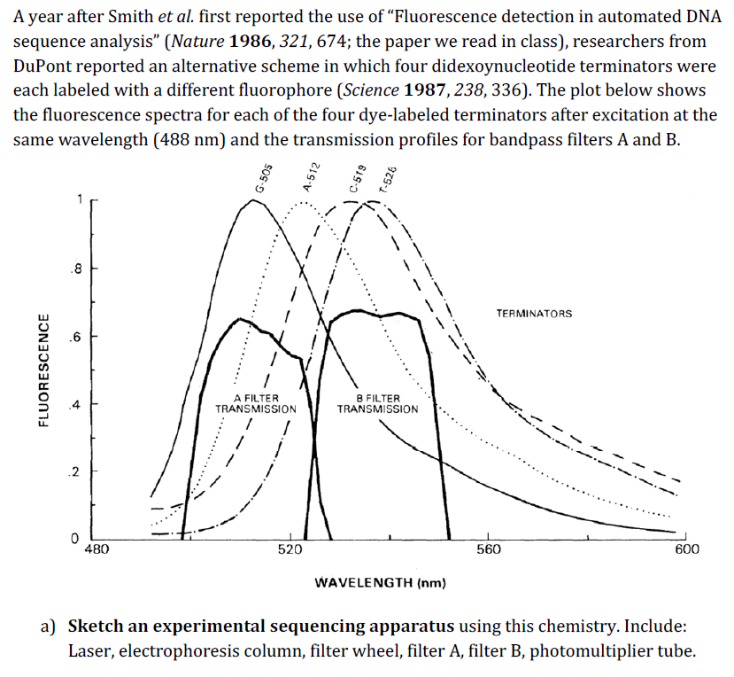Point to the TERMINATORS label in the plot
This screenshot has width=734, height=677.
click(x=534, y=314)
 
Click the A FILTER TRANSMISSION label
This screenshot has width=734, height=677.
click(x=256, y=404)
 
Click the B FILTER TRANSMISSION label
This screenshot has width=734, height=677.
click(x=377, y=404)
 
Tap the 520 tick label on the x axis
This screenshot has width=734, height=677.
click(x=290, y=550)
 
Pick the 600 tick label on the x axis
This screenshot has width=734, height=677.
click(x=686, y=550)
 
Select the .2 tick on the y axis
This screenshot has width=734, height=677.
click(x=78, y=471)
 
